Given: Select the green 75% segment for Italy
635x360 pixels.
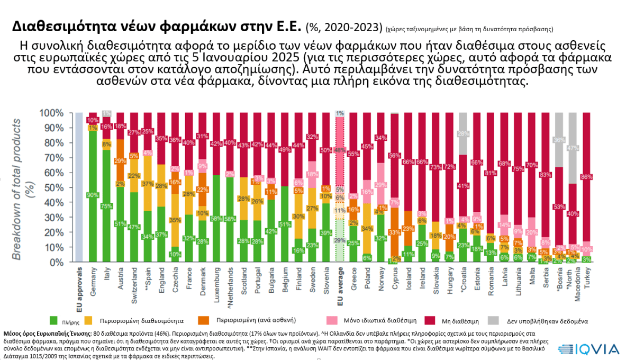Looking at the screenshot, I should tap(107, 206).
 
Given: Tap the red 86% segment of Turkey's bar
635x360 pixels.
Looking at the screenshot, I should tap(586, 176).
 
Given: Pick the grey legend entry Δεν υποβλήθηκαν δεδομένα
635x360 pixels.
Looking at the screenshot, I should tap(550, 321).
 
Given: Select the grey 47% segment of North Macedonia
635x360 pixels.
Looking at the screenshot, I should tap(573, 148).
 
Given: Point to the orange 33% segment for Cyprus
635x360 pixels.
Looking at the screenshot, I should tap(394, 232).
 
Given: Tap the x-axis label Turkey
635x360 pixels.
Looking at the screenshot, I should tap(586, 278).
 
